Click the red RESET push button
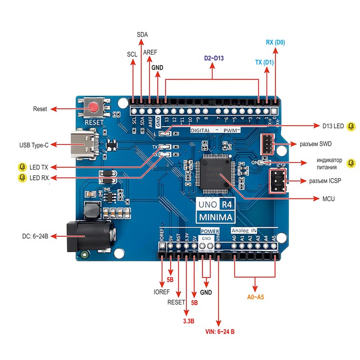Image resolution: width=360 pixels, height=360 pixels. (94, 108)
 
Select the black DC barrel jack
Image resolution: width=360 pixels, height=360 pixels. (87, 236)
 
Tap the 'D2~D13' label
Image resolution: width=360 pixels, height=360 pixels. (214, 58)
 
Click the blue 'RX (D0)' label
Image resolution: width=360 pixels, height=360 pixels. (275, 43)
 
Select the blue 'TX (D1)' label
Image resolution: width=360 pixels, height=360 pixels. (264, 62)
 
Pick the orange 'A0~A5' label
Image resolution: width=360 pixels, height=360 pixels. (256, 297)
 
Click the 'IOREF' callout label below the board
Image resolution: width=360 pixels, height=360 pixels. (162, 292)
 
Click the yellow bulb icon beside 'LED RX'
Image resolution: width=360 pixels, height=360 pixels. (22, 178)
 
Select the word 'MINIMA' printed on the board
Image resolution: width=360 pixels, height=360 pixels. (216, 218)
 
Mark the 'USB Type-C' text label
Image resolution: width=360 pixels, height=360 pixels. (34, 145)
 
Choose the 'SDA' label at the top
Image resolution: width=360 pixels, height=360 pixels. (142, 35)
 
